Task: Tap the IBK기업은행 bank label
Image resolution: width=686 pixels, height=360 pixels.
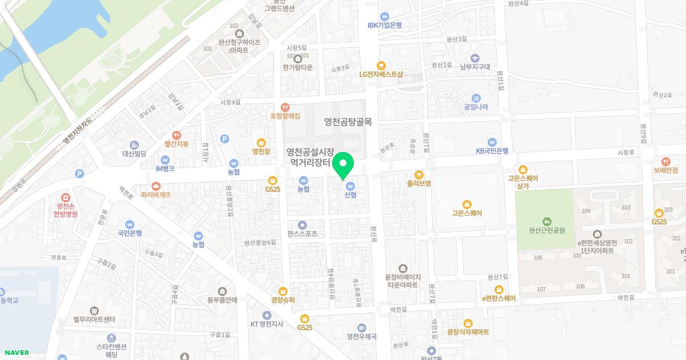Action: coord(385,25)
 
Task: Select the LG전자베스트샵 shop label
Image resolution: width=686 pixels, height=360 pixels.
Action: coord(381,74)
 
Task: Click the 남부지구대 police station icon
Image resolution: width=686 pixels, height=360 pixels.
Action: coord(475,57)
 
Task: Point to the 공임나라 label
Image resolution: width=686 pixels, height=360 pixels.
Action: coord(476,107)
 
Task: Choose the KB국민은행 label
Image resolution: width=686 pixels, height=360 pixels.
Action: coord(492,151)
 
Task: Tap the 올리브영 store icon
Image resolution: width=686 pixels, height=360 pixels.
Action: coord(419,174)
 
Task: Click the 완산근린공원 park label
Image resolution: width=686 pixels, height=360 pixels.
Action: coord(547,230)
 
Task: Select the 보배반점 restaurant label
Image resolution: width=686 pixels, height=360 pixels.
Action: coord(666,170)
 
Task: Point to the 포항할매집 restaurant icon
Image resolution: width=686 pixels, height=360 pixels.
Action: coord(285,107)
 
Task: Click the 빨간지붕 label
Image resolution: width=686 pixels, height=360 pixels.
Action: coord(177,143)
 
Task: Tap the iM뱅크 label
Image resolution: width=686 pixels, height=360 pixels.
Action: coord(165,169)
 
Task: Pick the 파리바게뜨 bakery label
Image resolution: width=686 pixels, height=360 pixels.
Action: coord(156,194)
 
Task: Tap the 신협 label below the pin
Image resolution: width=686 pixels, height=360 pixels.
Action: coord(350,194)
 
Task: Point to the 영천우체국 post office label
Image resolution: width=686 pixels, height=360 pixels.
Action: coord(361,337)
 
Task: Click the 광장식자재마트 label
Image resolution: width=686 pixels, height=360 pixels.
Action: coord(468,332)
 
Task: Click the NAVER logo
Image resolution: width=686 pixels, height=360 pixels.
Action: coord(16,353)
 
